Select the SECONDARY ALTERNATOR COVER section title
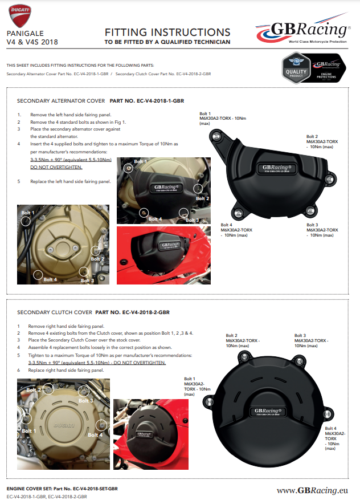coord(61,100)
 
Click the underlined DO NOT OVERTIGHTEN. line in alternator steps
coord(56,168)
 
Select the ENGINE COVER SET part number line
coord(62,489)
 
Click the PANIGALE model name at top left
coord(25,34)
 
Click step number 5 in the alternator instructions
coord(19,181)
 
